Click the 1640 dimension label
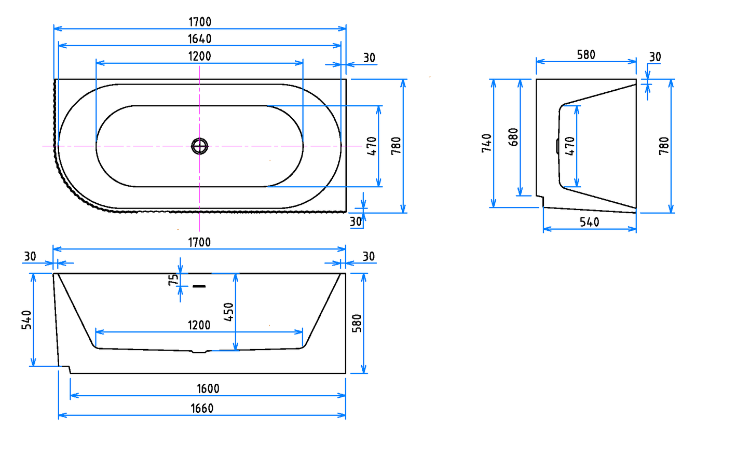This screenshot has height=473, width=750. (200, 39)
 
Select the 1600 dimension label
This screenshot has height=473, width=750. (208, 388)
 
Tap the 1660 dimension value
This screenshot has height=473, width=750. (202, 408)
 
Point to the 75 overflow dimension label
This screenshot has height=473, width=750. (173, 280)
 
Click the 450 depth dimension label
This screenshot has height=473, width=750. (228, 312)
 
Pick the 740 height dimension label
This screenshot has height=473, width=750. (486, 143)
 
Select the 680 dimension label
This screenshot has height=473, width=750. (513, 137)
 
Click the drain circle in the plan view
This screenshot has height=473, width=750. (199, 146)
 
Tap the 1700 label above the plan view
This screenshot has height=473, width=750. (200, 22)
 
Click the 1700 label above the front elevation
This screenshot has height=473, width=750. (199, 242)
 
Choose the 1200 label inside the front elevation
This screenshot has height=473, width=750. (199, 325)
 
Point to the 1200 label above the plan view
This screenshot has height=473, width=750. (199, 56)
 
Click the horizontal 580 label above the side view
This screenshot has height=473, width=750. (586, 55)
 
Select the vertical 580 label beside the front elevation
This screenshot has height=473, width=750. (357, 323)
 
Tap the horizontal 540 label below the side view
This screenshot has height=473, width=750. (589, 222)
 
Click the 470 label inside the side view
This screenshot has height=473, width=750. (570, 146)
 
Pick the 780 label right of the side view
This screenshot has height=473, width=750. (664, 146)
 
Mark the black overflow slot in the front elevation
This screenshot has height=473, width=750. (199, 286)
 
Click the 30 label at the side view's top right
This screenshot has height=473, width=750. (655, 57)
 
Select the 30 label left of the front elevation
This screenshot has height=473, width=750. (30, 256)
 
